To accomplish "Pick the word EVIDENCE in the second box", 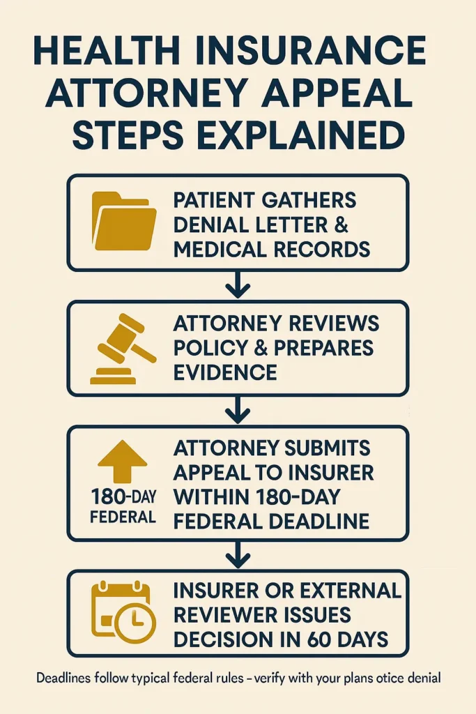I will coord(225,372).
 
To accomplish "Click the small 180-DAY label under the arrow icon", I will coord(123,499).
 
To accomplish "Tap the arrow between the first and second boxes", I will coord(238,284).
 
